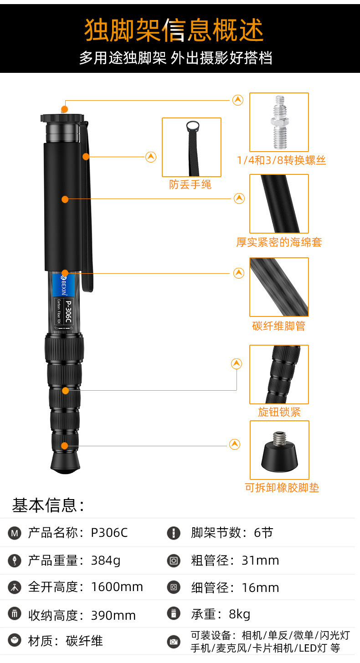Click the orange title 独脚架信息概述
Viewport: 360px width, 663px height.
(174, 31)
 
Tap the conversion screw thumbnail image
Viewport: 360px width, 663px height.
(279, 122)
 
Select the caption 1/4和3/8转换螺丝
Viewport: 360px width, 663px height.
(281, 160)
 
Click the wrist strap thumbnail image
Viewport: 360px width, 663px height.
(191, 147)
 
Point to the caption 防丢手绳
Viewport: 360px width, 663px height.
(190, 184)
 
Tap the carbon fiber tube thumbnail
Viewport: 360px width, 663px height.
(279, 287)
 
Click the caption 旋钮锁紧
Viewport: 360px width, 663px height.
(279, 412)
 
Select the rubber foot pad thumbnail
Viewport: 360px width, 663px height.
(279, 450)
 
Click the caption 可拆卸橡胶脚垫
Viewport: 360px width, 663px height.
(282, 488)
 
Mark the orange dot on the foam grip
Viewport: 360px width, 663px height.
(65, 199)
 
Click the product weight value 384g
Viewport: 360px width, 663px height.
(106, 561)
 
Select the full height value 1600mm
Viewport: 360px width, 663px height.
(117, 587)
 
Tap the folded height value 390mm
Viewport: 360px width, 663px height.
(113, 615)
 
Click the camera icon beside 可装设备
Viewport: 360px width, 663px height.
(174, 642)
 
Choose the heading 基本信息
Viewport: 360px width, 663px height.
(48, 505)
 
